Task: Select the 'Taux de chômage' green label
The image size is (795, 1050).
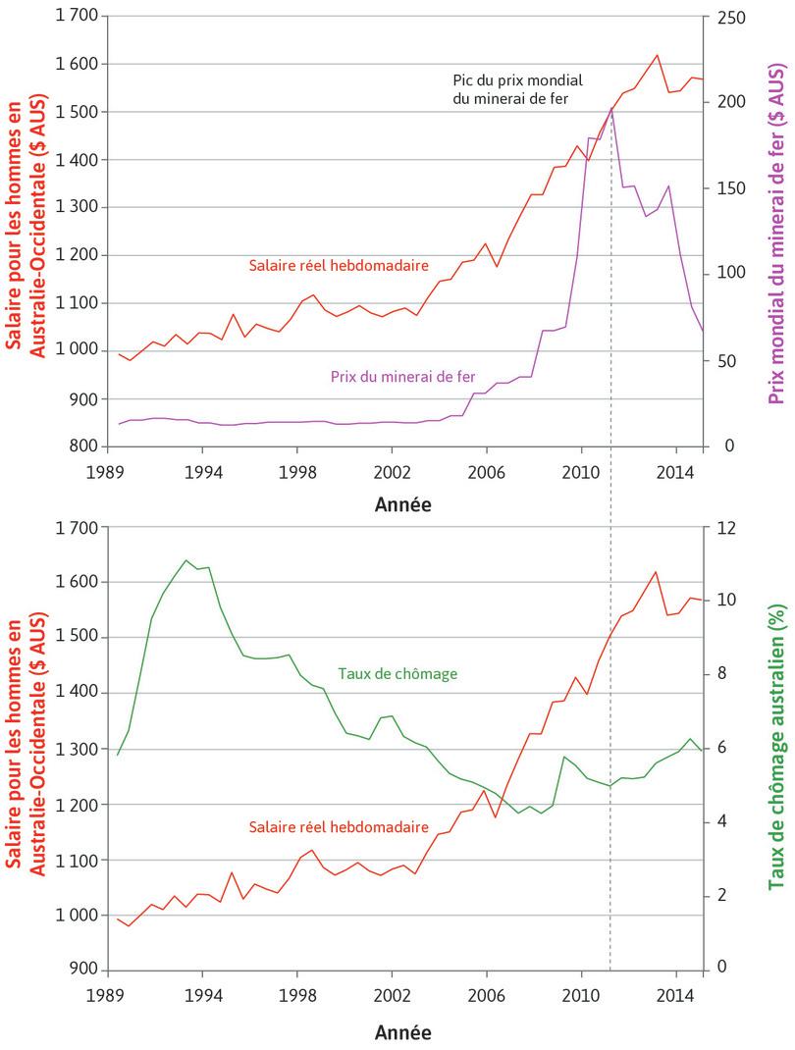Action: (397, 674)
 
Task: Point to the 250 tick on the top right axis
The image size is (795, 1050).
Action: (730, 18)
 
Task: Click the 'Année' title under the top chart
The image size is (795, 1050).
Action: (402, 505)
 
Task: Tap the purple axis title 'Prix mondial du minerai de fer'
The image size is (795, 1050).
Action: (776, 232)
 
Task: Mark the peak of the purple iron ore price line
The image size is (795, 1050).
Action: (610, 107)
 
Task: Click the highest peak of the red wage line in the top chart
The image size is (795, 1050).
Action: (657, 55)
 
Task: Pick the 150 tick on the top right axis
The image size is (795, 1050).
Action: (730, 188)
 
